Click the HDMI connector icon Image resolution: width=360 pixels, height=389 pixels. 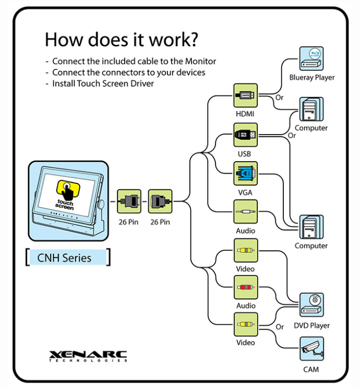coord(245,95)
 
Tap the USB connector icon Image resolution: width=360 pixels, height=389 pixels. coord(245,135)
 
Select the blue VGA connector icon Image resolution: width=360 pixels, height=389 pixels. coord(245,174)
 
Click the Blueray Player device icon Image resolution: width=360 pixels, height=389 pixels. coord(311,58)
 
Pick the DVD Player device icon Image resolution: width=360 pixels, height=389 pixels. coord(311,305)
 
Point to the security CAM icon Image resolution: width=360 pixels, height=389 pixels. coord(311,348)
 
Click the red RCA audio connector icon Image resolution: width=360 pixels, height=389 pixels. coord(246,287)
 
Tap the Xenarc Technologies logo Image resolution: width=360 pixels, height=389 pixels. coord(88,356)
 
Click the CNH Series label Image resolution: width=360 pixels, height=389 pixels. coord(64,258)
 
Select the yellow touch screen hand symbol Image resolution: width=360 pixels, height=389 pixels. coord(68,190)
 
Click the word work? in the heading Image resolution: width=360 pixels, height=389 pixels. coord(173,40)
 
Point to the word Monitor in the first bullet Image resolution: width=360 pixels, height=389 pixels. coord(200,62)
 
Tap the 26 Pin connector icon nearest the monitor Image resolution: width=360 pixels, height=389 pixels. coord(129,201)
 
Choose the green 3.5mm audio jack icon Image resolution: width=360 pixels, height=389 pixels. coord(245,212)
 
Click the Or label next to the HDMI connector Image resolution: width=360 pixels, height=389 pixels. coord(279,98)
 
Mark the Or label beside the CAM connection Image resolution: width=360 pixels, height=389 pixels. coord(280,327)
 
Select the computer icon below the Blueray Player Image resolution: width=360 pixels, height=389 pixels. coord(311,109)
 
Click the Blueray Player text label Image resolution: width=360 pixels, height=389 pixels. coord(312,78)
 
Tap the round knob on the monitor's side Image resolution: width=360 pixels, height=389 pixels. coord(101,204)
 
